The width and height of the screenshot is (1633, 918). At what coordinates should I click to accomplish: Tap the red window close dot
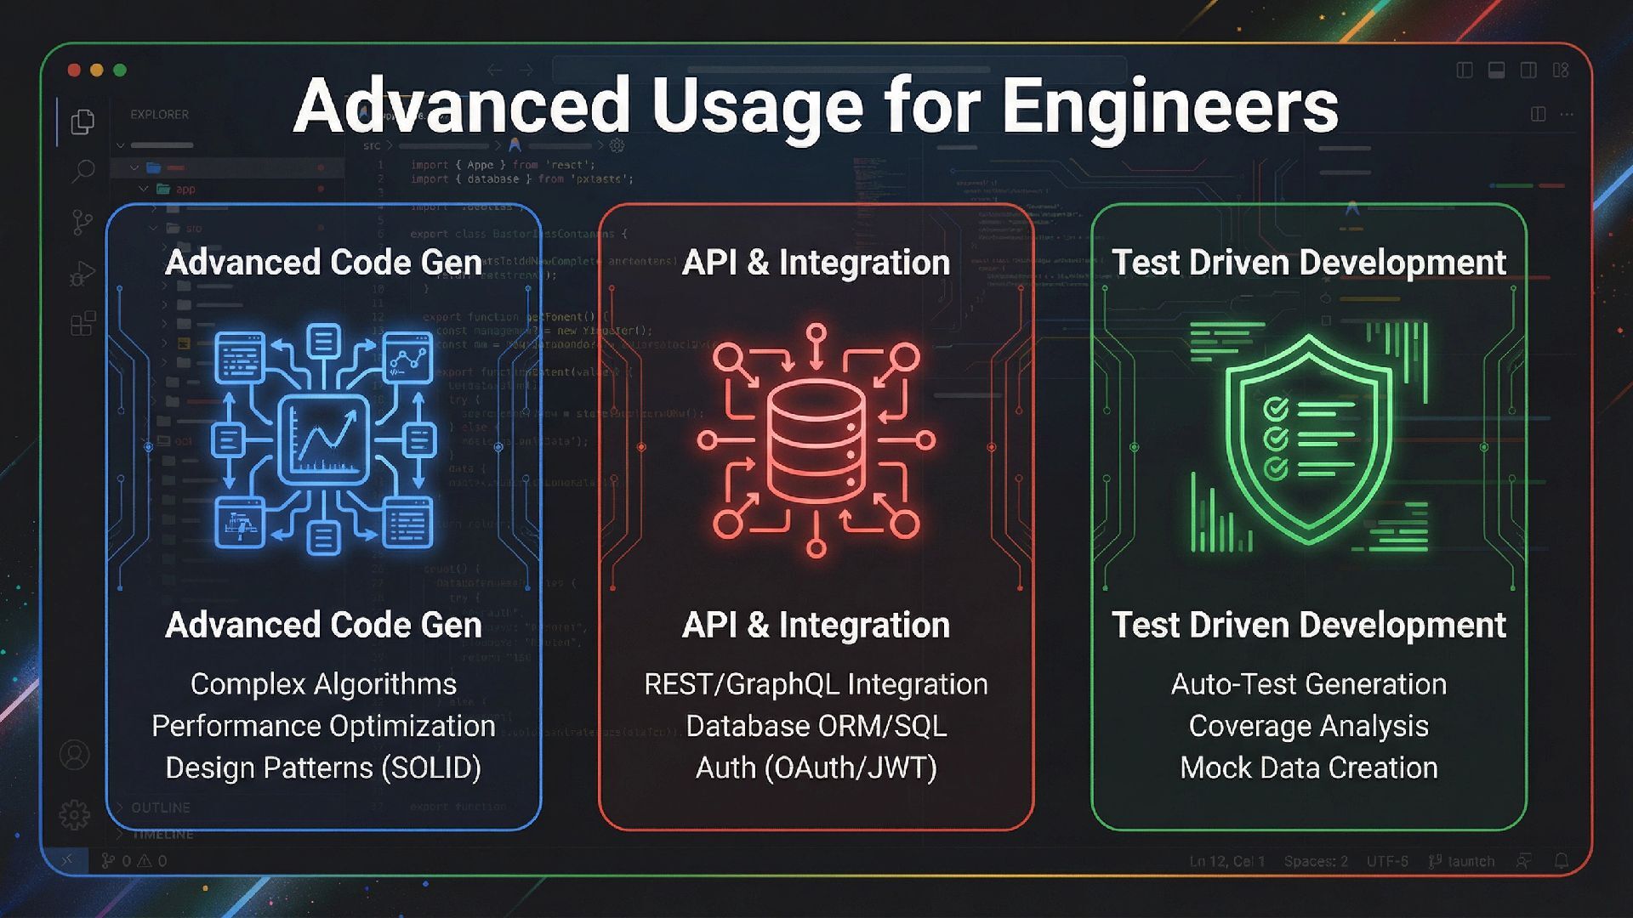tap(74, 70)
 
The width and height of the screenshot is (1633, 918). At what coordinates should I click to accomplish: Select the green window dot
tap(120, 70)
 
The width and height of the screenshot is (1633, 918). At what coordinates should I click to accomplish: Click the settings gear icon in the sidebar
tap(75, 814)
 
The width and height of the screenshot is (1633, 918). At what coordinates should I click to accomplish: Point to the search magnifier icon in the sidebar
tap(83, 171)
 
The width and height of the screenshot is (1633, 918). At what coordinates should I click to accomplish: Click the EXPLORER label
tap(159, 114)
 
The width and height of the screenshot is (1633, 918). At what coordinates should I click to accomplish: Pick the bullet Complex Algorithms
tap(323, 684)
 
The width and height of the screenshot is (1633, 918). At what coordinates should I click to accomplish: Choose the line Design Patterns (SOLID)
tap(323, 768)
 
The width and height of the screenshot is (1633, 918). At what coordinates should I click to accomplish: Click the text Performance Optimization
tap(323, 726)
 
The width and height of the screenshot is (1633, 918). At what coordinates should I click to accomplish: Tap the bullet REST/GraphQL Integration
tap(816, 684)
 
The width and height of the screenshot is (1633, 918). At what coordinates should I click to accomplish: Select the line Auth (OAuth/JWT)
tap(816, 768)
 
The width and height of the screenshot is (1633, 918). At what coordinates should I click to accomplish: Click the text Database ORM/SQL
tap(816, 726)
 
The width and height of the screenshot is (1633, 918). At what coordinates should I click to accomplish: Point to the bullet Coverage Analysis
tap(1308, 726)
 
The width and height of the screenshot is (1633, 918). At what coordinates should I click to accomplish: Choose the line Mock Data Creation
tap(1308, 768)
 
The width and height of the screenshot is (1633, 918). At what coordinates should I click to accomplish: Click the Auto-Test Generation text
tap(1308, 684)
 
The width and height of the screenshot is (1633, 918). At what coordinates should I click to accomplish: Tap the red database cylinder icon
tap(816, 440)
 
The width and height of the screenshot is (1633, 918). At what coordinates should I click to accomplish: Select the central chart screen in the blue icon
tap(323, 439)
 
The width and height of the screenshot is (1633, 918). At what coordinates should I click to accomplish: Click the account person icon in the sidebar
tap(75, 755)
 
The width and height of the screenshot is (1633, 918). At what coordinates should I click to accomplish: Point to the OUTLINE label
tap(161, 807)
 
